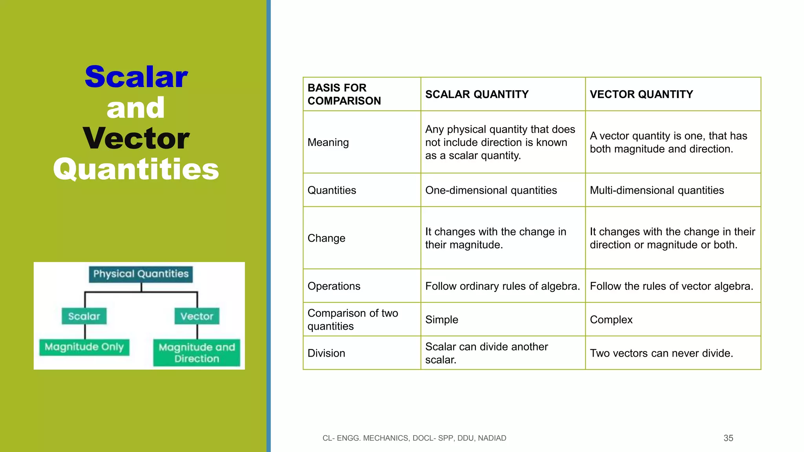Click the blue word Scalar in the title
click(136, 77)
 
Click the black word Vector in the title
click(136, 139)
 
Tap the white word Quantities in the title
click(136, 169)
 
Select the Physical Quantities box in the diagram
click(141, 274)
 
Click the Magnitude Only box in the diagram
click(84, 347)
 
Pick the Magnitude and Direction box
click(197, 353)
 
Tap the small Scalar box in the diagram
click(84, 316)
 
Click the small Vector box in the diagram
click(197, 316)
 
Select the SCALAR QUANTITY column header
click(477, 95)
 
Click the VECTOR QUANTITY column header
click(641, 95)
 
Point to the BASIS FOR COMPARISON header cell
click(344, 94)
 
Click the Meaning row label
click(328, 142)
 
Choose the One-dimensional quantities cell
click(491, 190)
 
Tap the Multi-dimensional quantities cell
click(656, 190)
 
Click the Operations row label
click(334, 286)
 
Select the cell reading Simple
click(442, 320)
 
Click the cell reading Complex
click(611, 320)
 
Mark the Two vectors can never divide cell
click(661, 353)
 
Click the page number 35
click(728, 438)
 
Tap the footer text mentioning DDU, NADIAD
click(414, 438)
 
